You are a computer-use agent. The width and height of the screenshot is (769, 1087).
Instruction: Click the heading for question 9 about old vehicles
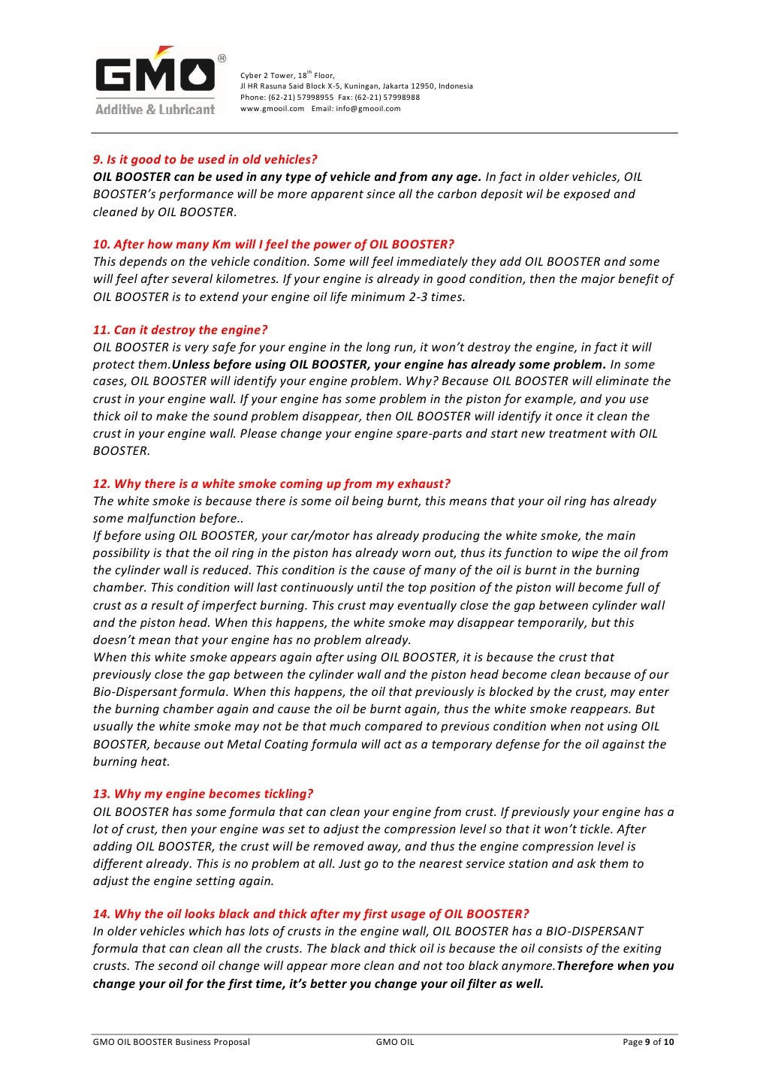pos(205,159)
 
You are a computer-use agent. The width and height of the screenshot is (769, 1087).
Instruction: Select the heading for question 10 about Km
pos(273,244)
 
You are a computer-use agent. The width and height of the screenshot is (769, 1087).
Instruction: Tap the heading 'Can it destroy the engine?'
pos(180,330)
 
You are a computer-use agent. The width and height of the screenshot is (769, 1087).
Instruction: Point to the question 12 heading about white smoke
pos(271,483)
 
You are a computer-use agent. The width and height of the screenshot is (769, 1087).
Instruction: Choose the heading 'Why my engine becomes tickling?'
pos(203,793)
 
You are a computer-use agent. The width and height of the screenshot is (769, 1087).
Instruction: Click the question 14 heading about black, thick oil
pos(311,914)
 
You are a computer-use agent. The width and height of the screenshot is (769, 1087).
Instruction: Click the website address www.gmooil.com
pos(272,108)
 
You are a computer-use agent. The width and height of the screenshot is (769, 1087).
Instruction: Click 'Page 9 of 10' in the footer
pos(648,1041)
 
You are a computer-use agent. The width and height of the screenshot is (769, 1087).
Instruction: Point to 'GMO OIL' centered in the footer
pos(395,1041)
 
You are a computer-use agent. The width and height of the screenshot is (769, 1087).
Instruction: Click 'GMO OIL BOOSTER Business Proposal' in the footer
pos(171,1041)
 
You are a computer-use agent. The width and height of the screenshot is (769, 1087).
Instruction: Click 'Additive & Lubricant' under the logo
pos(155,110)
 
